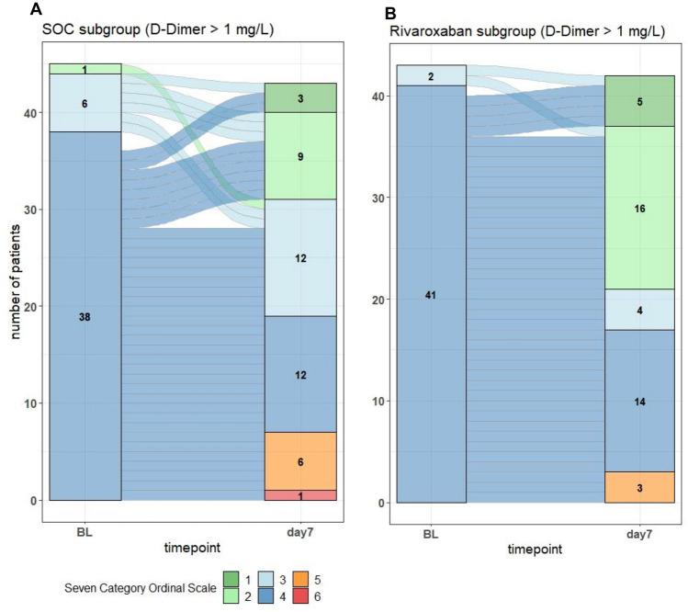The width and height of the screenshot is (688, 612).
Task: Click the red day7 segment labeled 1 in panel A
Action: (x=300, y=495)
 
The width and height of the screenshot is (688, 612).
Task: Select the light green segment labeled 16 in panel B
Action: (x=639, y=208)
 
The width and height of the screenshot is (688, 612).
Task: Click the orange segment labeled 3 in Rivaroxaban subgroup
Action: (x=639, y=487)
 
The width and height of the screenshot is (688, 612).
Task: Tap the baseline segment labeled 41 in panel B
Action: (x=431, y=294)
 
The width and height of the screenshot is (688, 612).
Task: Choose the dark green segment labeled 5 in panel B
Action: (x=639, y=101)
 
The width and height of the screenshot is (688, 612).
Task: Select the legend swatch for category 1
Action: (x=231, y=579)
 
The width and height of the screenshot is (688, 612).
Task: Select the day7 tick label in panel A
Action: (x=300, y=530)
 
